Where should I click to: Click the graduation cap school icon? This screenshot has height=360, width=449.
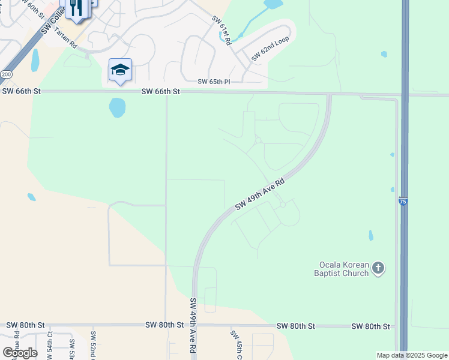tap(120, 70)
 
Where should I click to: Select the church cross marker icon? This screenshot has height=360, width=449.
tap(378, 268)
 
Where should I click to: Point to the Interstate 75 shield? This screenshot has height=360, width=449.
tap(403, 202)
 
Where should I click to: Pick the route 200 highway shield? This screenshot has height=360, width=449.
tap(6, 74)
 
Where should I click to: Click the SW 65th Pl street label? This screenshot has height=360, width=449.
tap(214, 81)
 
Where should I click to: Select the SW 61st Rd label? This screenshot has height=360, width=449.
tap(221, 31)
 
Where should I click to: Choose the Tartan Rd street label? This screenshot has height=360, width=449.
tap(65, 37)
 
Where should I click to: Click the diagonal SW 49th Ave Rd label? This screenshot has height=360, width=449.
tap(260, 194)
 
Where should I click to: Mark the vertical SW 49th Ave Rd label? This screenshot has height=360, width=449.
tap(193, 325)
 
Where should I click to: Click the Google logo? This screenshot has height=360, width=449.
tap(20, 352)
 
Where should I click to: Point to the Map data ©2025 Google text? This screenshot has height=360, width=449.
tap(412, 355)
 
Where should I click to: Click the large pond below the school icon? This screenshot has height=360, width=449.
tap(117, 108)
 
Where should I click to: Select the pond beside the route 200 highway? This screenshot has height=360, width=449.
tap(35, 60)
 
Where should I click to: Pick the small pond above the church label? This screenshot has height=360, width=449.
tap(370, 235)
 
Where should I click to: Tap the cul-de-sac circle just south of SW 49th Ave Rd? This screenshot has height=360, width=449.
tap(282, 205)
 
